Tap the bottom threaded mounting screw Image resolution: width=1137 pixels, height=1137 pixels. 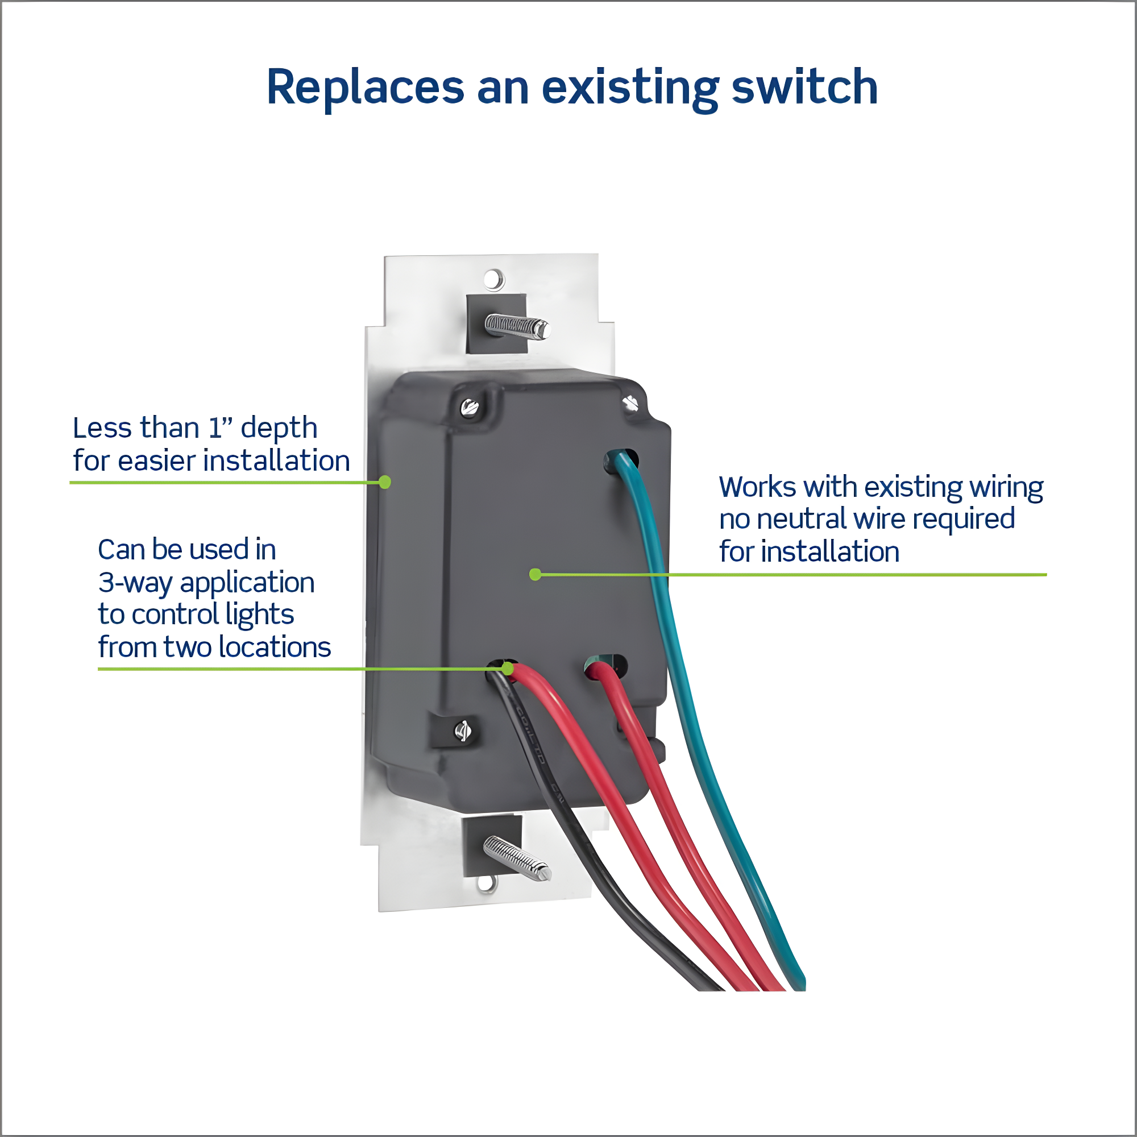(x=516, y=858)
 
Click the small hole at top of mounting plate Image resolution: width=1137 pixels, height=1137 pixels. (x=494, y=280)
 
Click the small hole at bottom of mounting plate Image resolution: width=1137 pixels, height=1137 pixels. (x=485, y=883)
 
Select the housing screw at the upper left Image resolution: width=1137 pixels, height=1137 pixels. (x=469, y=407)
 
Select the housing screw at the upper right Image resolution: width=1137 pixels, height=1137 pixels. (x=630, y=404)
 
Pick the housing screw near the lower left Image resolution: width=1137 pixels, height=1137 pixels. (x=463, y=732)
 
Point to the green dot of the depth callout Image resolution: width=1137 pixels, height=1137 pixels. (x=385, y=483)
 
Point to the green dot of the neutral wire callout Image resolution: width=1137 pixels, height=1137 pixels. (x=535, y=574)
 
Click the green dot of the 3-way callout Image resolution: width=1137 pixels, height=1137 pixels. (x=508, y=669)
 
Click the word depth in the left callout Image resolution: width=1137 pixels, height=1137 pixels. (x=279, y=428)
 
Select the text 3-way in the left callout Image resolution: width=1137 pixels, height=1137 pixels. (x=135, y=583)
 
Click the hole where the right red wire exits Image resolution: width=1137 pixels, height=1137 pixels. (x=606, y=665)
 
